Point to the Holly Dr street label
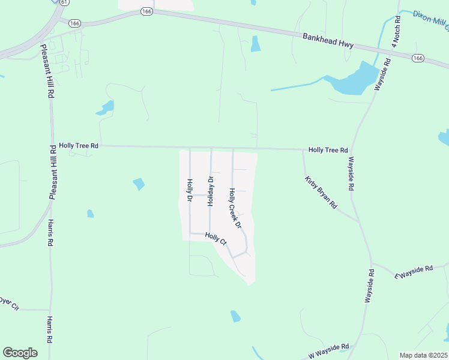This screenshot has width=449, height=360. click(x=189, y=190)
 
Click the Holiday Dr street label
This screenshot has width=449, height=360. click(x=211, y=191)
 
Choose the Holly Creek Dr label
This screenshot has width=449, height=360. click(x=234, y=208)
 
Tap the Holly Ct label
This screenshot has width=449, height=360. click(x=215, y=238)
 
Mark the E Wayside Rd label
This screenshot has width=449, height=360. click(x=414, y=271)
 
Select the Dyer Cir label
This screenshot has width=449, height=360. click(x=8, y=303)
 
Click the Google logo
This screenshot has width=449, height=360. click(x=20, y=353)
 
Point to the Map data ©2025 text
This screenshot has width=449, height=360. click(x=423, y=355)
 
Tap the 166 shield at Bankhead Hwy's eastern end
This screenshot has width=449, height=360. click(x=418, y=58)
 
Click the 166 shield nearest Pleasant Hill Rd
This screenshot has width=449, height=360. click(x=74, y=23)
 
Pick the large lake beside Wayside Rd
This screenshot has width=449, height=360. click(x=355, y=79)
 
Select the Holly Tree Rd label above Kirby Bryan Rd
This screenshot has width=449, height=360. click(x=328, y=149)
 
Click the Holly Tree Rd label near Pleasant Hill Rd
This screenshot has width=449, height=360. click(x=79, y=145)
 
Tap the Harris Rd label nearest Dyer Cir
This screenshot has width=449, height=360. click(x=50, y=329)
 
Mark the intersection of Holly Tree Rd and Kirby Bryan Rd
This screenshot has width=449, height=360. click(x=303, y=149)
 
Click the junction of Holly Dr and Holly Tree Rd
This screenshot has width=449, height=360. click(x=190, y=148)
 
